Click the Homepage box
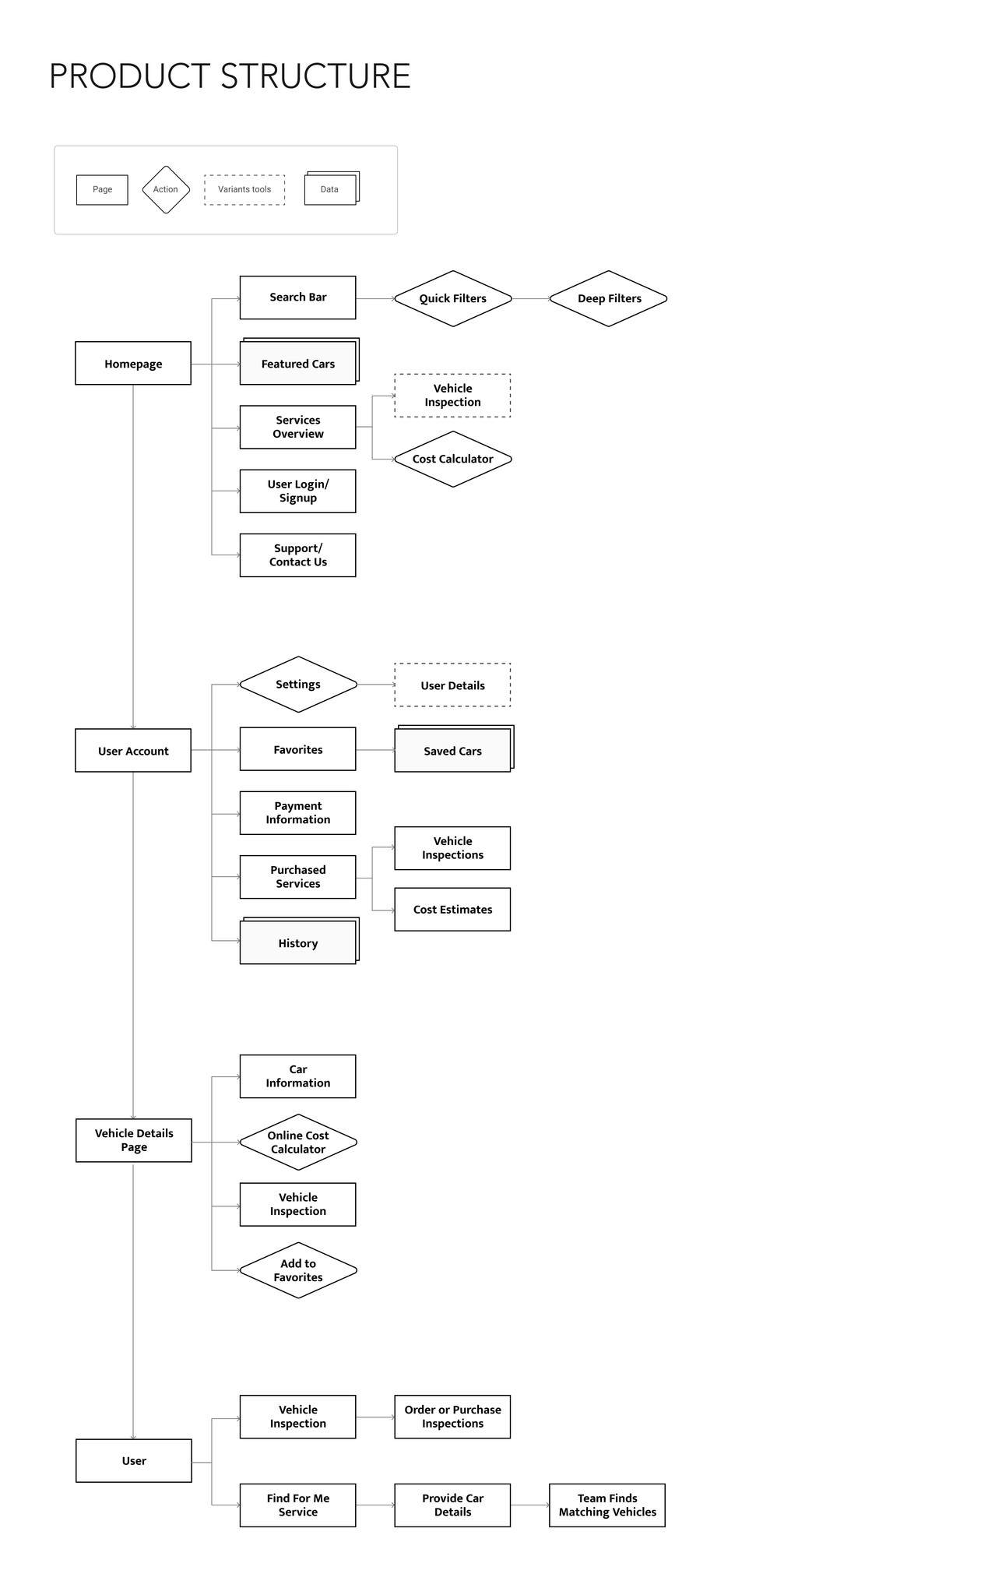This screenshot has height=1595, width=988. (x=133, y=364)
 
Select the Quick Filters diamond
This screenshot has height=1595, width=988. (x=452, y=298)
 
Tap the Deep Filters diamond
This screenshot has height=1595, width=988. (x=608, y=298)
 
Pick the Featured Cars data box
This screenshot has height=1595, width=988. (x=298, y=364)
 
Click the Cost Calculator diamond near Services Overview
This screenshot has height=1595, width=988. (x=452, y=459)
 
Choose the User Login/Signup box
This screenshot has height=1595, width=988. (x=298, y=491)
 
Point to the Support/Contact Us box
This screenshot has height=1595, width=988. (x=298, y=555)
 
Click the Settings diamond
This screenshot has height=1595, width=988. (x=298, y=684)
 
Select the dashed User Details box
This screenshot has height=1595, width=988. (x=452, y=685)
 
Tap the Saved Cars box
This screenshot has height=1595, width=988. (x=452, y=751)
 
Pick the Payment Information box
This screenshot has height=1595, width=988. (x=298, y=813)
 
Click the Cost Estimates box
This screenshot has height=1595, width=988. (x=452, y=910)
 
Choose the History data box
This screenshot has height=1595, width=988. (x=298, y=943)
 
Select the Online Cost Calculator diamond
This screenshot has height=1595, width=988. (x=298, y=1142)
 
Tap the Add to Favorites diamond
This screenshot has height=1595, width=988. (x=298, y=1270)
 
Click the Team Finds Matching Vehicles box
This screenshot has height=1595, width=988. (x=607, y=1505)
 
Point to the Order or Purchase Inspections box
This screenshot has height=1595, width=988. (x=452, y=1417)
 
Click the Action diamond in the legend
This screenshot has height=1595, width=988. (x=166, y=189)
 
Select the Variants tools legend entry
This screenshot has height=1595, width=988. (x=244, y=189)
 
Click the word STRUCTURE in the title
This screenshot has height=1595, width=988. (x=315, y=76)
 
